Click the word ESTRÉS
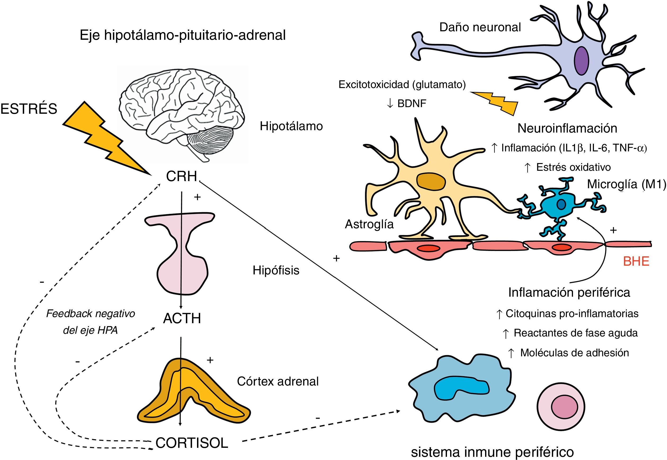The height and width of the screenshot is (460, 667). (29, 109)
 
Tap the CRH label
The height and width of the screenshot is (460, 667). (181, 176)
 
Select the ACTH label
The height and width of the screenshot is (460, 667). (182, 318)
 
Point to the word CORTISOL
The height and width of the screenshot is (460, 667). (192, 443)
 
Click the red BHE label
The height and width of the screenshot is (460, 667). (636, 261)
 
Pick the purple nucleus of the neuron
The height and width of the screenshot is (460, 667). (581, 61)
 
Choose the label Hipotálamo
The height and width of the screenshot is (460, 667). (291, 126)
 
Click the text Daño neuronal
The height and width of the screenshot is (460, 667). (480, 27)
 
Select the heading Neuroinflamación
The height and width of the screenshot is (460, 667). (567, 128)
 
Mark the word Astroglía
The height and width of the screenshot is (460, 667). (369, 224)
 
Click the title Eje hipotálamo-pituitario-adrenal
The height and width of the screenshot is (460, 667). (183, 35)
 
